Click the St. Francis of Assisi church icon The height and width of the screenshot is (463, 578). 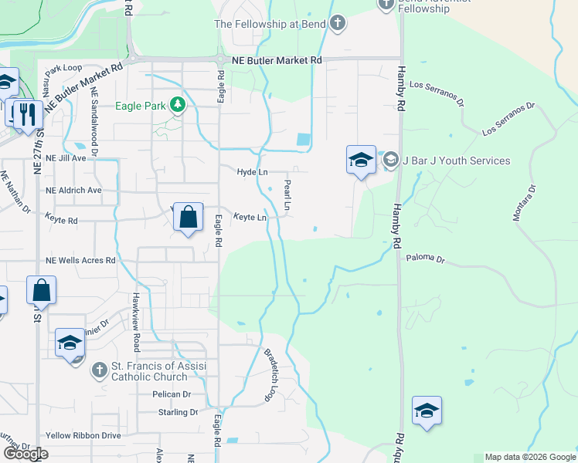(x=99, y=370)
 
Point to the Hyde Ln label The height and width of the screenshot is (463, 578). (x=252, y=173)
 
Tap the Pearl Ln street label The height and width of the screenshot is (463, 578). (x=287, y=196)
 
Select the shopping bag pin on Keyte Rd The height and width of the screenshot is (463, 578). (x=189, y=217)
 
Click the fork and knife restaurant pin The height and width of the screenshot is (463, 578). (x=28, y=114)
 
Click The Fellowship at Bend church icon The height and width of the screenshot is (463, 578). (x=337, y=24)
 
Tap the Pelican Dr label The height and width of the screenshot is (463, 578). (x=171, y=394)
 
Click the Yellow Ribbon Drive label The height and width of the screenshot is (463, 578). (x=83, y=435)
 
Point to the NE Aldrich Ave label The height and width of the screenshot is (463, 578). (x=73, y=191)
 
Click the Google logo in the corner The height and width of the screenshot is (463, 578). (x=25, y=453)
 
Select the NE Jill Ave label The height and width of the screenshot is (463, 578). (x=66, y=157)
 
